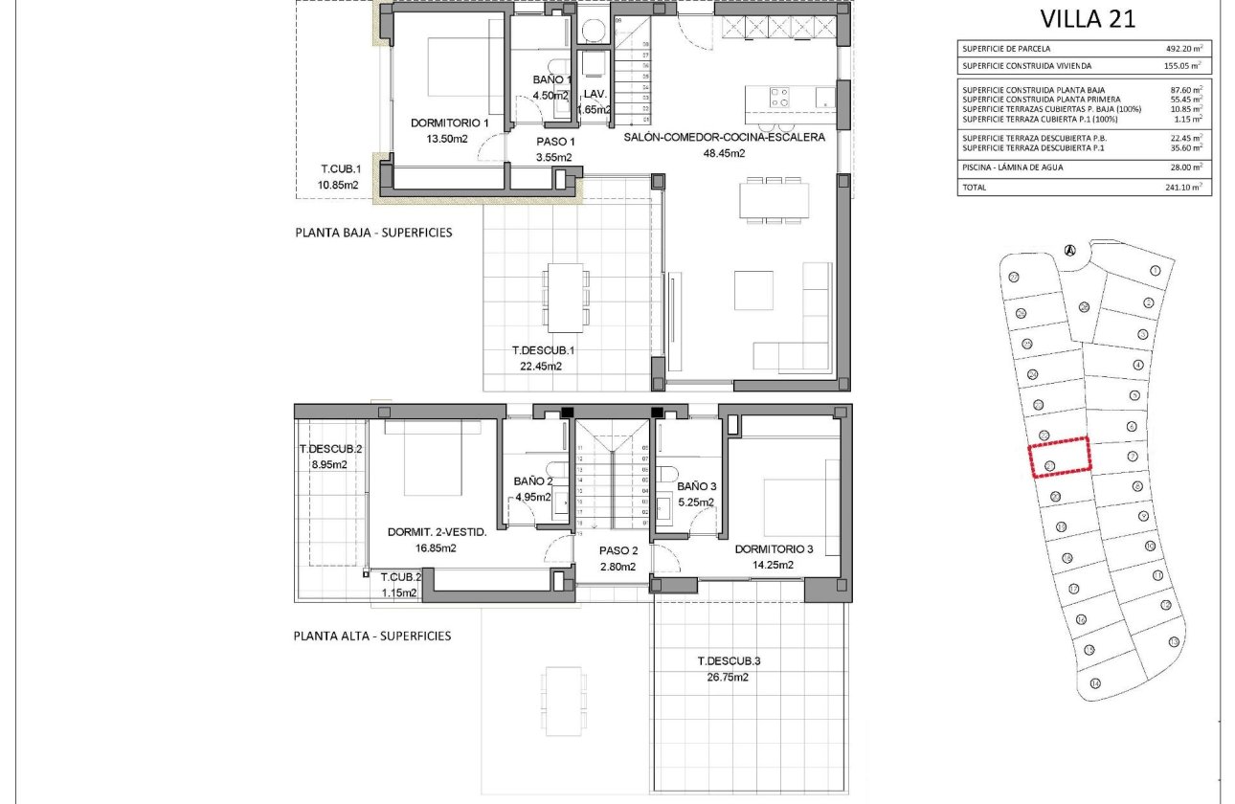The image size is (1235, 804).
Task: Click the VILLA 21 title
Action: click(1088, 19)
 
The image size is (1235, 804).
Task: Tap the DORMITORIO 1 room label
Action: click(449, 123)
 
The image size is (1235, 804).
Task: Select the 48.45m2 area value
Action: click(724, 152)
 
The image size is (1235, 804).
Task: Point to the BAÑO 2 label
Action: click(533, 481)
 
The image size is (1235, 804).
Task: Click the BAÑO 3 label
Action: click(696, 486)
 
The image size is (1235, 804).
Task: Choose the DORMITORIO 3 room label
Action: click(774, 549)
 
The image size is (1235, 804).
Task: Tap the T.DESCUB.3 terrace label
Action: click(729, 661)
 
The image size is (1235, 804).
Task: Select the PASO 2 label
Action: click(618, 550)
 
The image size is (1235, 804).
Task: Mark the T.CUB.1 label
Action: click(339, 169)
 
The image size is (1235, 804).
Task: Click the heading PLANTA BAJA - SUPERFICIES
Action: click(373, 233)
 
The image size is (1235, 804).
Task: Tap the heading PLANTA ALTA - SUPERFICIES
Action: click(372, 636)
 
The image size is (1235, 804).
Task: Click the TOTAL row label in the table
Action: click(974, 188)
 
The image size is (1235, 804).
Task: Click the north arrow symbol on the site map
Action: click(1070, 251)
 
